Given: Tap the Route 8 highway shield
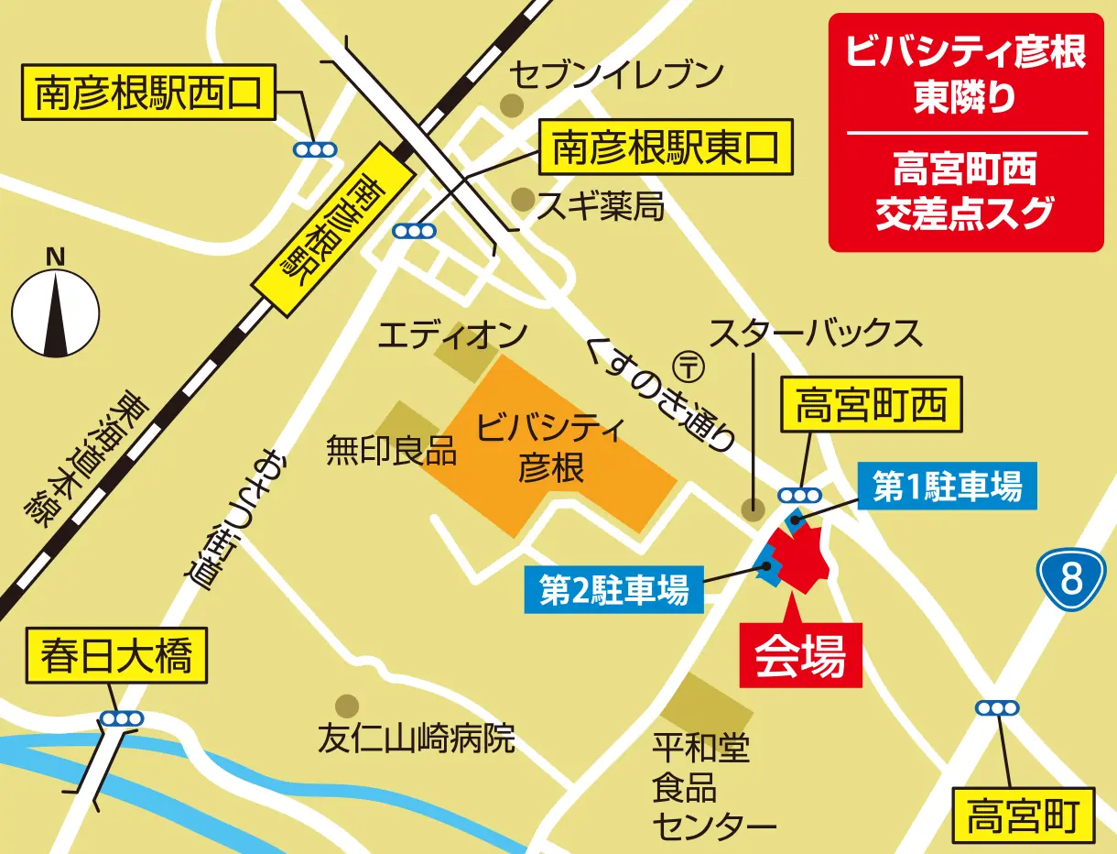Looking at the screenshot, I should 1072,578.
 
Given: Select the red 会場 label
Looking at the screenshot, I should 800,654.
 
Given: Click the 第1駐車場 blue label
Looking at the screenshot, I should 947,488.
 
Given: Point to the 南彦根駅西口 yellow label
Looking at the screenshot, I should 148,93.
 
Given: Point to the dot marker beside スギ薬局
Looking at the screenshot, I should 523,198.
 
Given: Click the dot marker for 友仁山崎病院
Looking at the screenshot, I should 347,705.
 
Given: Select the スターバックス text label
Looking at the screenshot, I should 816,334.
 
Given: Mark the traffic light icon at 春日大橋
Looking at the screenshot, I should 122,719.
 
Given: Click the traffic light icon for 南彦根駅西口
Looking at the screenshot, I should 314,149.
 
